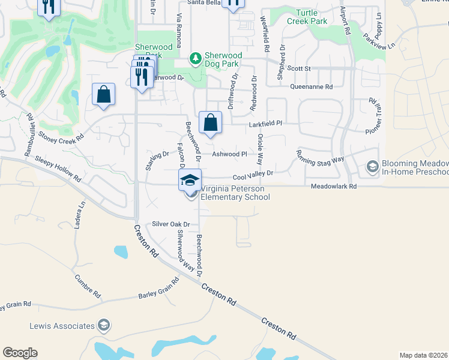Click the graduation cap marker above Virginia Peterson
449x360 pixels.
(x=190, y=180)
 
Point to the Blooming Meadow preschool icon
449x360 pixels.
(x=372, y=166)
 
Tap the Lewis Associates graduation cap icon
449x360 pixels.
(x=104, y=326)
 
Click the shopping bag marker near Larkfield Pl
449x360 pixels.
(x=210, y=123)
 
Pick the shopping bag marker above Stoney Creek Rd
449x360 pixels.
(x=104, y=94)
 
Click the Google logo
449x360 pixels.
(x=20, y=353)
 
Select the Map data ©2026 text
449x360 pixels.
(x=423, y=355)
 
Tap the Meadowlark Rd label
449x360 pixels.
(x=334, y=187)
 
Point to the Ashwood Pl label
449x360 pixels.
(x=230, y=154)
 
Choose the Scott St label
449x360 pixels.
(x=299, y=69)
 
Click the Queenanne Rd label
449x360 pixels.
(x=311, y=87)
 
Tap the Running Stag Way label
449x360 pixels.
(x=320, y=155)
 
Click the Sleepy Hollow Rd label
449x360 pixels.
(x=58, y=169)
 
